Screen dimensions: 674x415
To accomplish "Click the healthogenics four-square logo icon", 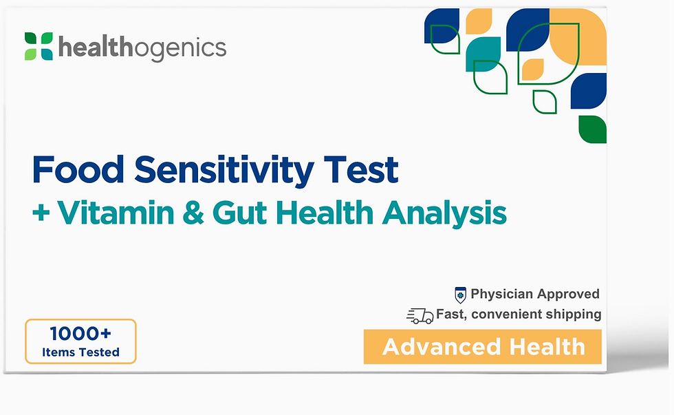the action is (x=39, y=46).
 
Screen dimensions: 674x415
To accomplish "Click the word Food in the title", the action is (x=78, y=170).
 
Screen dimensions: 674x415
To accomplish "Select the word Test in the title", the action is (x=361, y=170).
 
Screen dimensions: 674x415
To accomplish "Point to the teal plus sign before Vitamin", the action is (x=41, y=213).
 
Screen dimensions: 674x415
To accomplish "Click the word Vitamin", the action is (x=116, y=213).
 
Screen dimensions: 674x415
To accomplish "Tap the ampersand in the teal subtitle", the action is (x=193, y=213).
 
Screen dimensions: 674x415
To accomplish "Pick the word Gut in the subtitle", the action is (x=239, y=213).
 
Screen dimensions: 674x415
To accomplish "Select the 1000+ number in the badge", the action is (x=80, y=333).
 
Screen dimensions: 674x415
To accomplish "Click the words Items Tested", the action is (x=81, y=352).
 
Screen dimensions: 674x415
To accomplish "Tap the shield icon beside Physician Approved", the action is (x=460, y=295).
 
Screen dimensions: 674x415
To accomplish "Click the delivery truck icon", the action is (x=420, y=316).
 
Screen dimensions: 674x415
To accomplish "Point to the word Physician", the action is (x=501, y=294).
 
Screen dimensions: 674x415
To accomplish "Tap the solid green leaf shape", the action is (x=592, y=129).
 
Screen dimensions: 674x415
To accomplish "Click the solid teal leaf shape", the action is (x=483, y=54).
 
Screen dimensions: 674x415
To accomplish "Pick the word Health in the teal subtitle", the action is (x=324, y=213).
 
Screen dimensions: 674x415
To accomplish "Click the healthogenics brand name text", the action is (x=142, y=47).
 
